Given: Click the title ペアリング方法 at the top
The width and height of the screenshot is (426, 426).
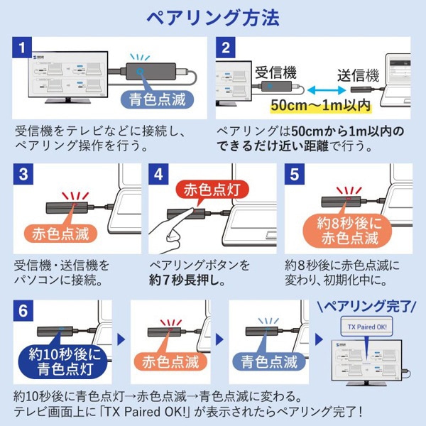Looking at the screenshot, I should pos(213,16).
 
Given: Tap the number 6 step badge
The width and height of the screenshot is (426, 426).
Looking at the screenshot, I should pos(23,310).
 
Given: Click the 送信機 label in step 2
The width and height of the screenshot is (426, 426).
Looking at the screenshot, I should pos(358,75).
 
